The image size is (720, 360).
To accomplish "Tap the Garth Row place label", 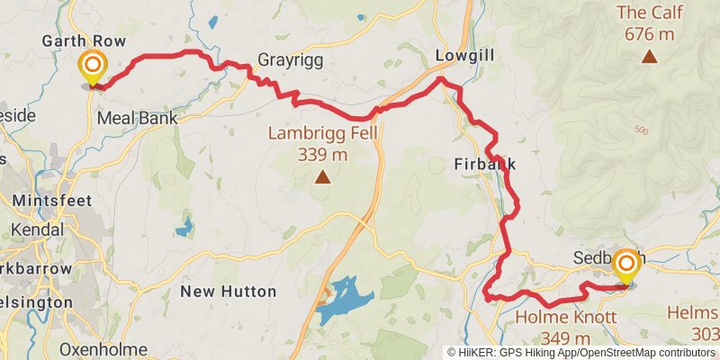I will (x=83, y=42).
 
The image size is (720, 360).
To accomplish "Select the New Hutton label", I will (x=229, y=291).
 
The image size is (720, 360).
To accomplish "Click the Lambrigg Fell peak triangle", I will (x=321, y=177).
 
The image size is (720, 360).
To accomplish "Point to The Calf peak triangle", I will (x=648, y=57).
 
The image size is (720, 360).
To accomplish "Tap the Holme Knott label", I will (x=565, y=318).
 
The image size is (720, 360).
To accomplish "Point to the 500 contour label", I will (x=640, y=130).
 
